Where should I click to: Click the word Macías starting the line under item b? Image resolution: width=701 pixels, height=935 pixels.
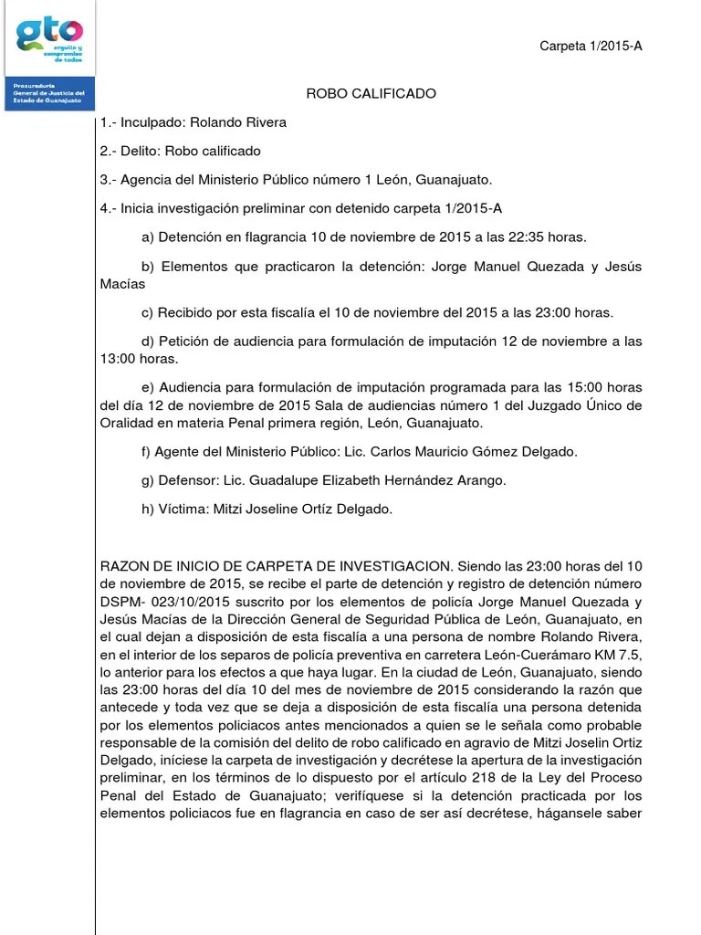click(122, 284)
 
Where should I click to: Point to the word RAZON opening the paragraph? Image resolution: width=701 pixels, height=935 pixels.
click(125, 565)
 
